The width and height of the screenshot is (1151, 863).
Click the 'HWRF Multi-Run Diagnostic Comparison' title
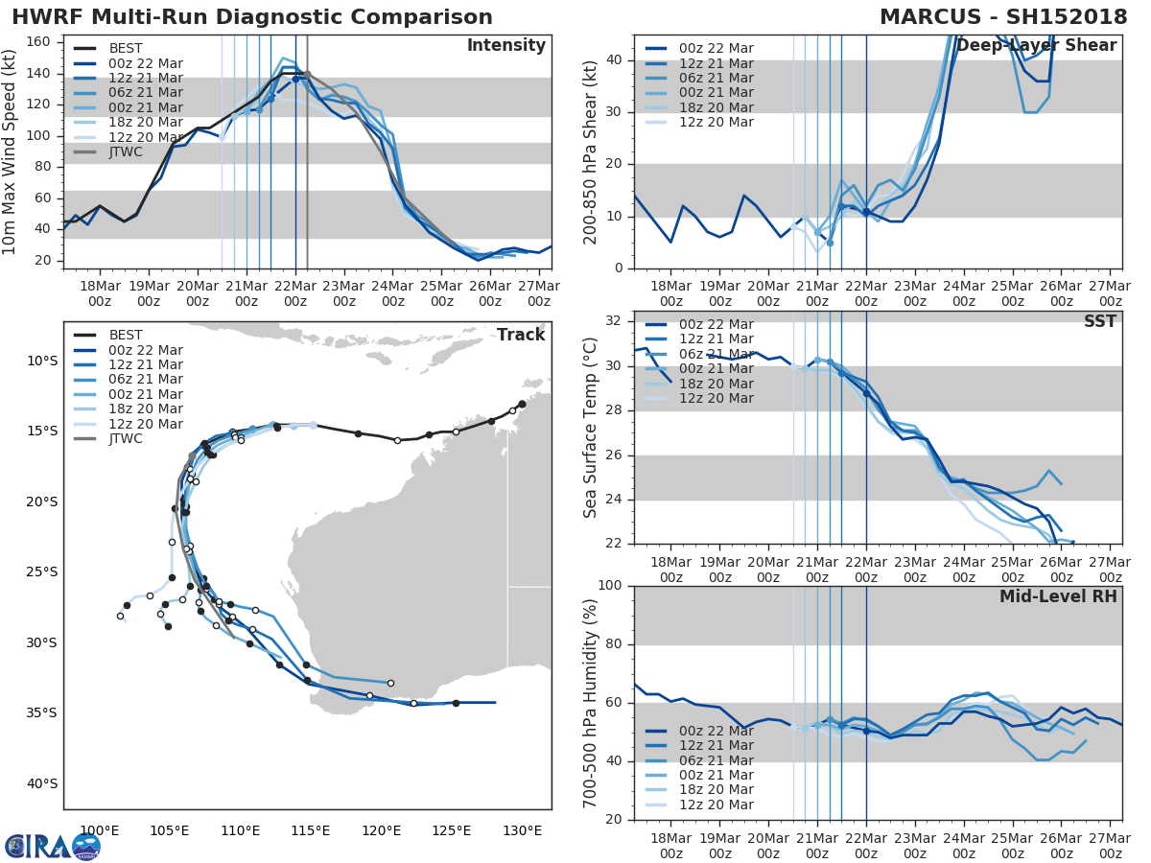click(251, 17)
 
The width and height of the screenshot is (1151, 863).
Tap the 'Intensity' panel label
click(505, 46)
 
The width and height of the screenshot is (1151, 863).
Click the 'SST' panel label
click(1100, 321)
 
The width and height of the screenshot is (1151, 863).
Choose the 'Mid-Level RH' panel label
click(1058, 596)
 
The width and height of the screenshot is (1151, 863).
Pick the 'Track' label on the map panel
click(521, 335)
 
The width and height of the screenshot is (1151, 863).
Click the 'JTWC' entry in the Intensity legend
click(126, 152)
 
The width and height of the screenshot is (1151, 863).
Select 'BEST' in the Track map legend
click(126, 335)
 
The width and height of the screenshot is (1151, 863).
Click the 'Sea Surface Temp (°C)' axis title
click(591, 428)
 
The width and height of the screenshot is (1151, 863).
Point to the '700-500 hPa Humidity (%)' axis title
click(591, 703)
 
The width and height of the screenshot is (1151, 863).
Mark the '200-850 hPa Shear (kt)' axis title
click(591, 152)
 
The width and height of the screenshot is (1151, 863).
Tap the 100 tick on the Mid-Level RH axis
click(613, 586)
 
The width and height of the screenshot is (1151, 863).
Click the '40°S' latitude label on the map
click(43, 783)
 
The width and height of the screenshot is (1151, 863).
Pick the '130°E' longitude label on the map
click(524, 830)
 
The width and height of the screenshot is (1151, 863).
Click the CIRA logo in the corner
click(53, 846)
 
